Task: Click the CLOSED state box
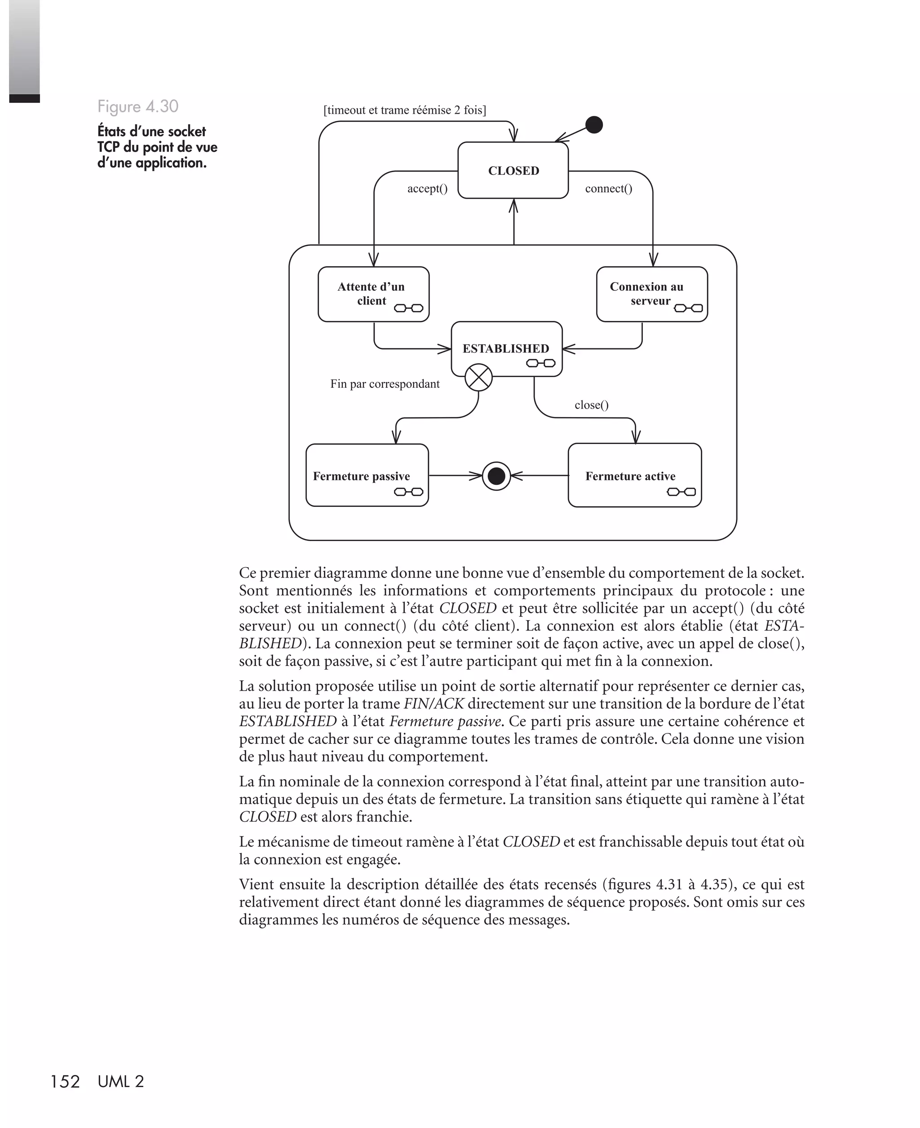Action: coord(513,170)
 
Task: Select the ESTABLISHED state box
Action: coord(506,348)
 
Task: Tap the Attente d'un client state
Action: coord(373,293)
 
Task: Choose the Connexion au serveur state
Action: coord(651,293)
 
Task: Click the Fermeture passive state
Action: coord(367,475)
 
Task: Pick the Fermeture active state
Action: coord(634,475)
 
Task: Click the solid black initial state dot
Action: coord(594,124)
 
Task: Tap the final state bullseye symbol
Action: coord(496,476)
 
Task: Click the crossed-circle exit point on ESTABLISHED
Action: coord(478,378)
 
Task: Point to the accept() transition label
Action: coord(427,189)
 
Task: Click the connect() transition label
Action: coord(608,189)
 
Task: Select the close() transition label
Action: coord(592,405)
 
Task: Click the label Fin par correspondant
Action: coord(385,384)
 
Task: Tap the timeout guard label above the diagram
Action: coord(404,110)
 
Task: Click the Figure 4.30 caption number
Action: coord(138,107)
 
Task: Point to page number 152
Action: coord(65,1082)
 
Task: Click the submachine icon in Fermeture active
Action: coord(681,492)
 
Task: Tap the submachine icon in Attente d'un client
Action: coord(409,308)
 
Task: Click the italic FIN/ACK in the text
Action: coord(433,704)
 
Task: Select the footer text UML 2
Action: coord(121,1082)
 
